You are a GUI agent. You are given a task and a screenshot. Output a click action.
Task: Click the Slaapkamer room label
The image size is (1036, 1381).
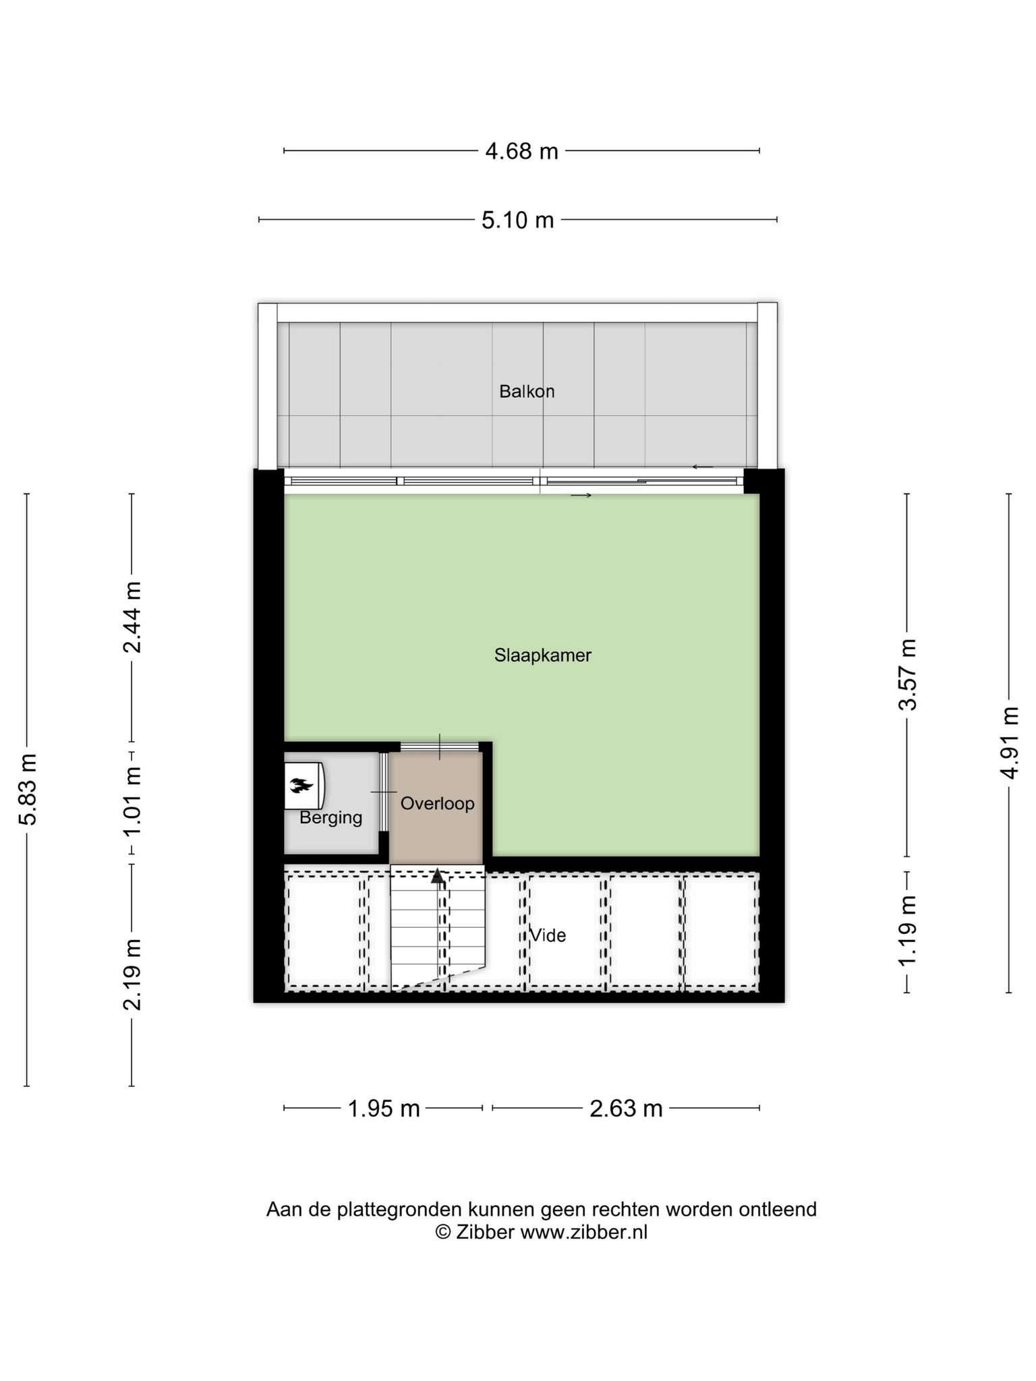point(543,655)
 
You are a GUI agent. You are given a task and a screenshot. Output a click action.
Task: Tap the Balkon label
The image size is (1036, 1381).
point(527,391)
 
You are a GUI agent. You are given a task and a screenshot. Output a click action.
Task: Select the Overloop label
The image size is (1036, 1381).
point(438,804)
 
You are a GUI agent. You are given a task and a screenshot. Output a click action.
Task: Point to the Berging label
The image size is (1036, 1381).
point(331,818)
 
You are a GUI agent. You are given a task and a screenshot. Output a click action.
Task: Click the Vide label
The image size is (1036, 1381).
point(548,935)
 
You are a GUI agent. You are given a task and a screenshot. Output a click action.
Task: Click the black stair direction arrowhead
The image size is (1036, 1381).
point(438,877)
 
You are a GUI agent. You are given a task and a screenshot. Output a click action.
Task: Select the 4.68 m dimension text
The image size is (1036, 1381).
point(522,151)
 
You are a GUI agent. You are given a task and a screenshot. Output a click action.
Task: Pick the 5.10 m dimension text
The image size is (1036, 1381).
point(518,220)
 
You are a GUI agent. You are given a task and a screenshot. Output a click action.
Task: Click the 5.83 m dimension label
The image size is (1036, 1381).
point(28,790)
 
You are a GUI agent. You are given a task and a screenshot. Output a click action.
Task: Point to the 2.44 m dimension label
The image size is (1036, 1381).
point(132,618)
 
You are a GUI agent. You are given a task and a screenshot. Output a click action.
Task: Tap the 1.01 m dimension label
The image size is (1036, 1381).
point(132,801)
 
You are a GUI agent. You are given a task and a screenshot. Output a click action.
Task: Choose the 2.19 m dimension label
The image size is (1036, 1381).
point(132,974)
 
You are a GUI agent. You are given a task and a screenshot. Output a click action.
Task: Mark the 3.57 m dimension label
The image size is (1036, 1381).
point(908,674)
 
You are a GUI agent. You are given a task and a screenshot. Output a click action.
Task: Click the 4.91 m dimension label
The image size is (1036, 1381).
point(1010,743)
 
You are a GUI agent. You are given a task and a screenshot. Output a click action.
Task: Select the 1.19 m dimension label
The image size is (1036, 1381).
point(908,931)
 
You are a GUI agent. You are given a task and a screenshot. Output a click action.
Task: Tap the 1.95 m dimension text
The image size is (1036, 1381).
point(384,1109)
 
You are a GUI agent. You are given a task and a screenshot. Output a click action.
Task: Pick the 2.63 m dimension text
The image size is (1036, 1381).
point(626,1109)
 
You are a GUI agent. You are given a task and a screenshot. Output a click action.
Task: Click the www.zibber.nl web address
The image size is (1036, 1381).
point(584,1232)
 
